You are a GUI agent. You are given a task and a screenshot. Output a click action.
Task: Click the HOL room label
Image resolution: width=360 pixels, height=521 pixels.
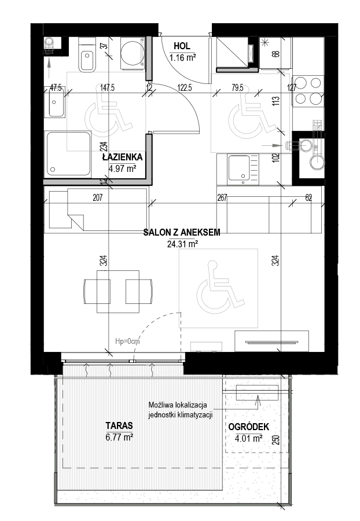pyautogui.click(x=182, y=46)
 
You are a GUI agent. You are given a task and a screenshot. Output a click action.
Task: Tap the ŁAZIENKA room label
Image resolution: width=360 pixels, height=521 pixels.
pyautogui.click(x=122, y=157)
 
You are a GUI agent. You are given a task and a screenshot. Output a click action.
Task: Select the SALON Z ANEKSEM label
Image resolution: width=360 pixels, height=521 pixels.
pyautogui.click(x=182, y=232)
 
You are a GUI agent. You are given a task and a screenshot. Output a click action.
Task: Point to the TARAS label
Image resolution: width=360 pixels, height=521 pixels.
pyautogui.click(x=119, y=425)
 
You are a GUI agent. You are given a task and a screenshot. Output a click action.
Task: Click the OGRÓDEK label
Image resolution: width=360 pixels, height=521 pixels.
pyautogui.click(x=249, y=427)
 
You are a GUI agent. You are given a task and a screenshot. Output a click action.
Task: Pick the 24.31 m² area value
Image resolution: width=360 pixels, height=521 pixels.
pyautogui.click(x=183, y=244)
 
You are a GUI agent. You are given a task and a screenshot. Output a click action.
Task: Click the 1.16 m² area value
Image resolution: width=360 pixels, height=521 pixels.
pyautogui.click(x=182, y=57)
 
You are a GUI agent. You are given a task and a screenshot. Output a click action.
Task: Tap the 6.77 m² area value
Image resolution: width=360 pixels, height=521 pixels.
pyautogui.click(x=119, y=437)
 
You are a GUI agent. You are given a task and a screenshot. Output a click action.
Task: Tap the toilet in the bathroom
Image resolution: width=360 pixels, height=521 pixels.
pyautogui.click(x=87, y=54)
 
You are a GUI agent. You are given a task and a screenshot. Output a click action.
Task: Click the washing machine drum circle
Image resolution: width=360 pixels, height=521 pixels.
pyautogui.click(x=132, y=53)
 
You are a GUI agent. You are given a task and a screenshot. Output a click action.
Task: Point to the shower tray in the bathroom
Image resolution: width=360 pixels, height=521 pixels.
pyautogui.click(x=68, y=154)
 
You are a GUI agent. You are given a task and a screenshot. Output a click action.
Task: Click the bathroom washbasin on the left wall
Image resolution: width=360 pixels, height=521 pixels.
pyautogui.click(x=56, y=102)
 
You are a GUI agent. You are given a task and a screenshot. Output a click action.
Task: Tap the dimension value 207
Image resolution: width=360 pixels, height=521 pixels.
pyautogui.click(x=98, y=198)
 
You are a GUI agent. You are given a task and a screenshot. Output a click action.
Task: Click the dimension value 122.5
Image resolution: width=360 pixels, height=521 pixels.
pyautogui.click(x=185, y=88)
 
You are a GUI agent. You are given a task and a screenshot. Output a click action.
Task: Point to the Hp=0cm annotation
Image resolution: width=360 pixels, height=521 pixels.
pyautogui.click(x=127, y=341)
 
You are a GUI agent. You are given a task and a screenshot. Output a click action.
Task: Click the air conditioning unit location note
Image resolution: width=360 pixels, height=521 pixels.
pyautogui.click(x=180, y=410)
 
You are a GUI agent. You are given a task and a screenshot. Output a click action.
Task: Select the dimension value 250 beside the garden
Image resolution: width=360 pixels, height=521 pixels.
pyautogui.click(x=276, y=440)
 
